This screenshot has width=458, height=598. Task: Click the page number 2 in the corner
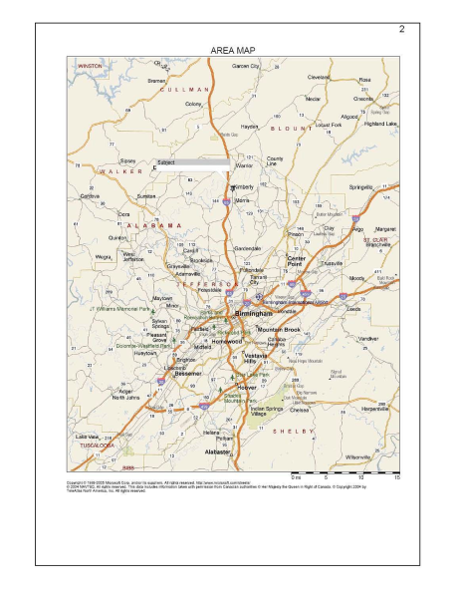pyautogui.click(x=401, y=28)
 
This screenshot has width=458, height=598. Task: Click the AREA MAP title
pyautogui.click(x=232, y=49)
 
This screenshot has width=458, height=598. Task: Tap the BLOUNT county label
pyautogui.click(x=299, y=129)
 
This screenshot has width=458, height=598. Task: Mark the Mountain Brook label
pyautogui.click(x=278, y=329)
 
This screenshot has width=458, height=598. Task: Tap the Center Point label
pyautogui.click(x=297, y=260)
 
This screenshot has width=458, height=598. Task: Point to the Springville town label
pyautogui.click(x=360, y=186)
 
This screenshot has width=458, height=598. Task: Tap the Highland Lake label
pyautogui.click(x=379, y=124)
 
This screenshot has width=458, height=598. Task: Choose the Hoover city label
pyautogui.click(x=248, y=387)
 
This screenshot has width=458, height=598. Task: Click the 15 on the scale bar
pyautogui.click(x=396, y=476)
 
